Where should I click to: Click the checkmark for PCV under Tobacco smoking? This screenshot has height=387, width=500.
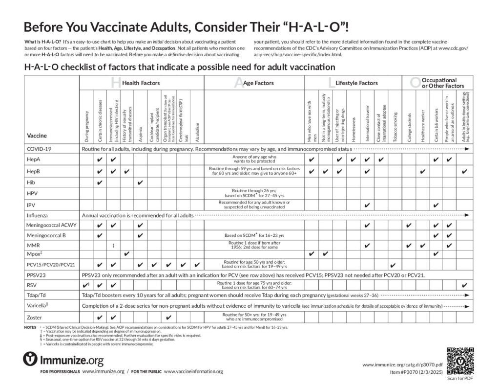[x=393, y=266]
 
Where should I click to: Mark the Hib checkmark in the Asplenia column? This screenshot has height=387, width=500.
[x=140, y=182]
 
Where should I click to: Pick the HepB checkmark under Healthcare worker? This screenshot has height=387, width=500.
[x=422, y=171]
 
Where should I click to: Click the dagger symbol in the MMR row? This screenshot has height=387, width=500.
[x=113, y=245]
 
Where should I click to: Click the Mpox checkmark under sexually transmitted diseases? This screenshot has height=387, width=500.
[x=126, y=254]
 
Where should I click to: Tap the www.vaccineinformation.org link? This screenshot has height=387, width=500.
[x=193, y=371]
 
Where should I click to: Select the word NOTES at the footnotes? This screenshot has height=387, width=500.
[x=29, y=327]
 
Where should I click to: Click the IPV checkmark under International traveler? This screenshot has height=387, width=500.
[x=366, y=205]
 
